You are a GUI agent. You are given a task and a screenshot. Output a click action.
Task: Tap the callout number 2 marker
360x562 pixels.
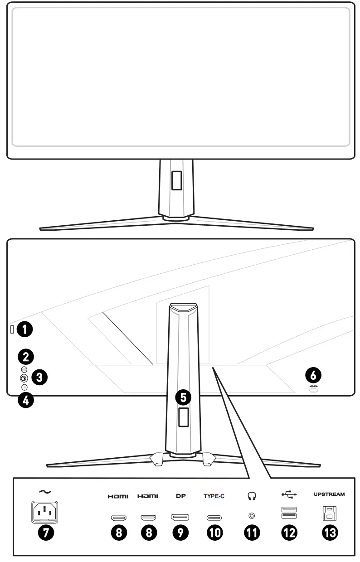point(26,356)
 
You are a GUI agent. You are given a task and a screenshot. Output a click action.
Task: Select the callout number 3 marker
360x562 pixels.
point(41,377)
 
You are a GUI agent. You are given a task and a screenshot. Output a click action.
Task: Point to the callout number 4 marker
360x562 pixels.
point(26,400)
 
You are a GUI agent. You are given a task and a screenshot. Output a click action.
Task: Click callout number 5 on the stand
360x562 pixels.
point(183,397)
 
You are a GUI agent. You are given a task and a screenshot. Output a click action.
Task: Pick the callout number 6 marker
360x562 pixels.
point(313,374)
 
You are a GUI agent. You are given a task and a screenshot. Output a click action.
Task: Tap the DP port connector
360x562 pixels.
point(180,517)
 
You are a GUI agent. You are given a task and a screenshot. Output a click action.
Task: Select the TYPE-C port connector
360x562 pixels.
point(214,517)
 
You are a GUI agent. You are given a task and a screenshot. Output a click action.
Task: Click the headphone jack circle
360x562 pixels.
point(251,516)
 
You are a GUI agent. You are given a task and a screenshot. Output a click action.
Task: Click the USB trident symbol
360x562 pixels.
point(289,495)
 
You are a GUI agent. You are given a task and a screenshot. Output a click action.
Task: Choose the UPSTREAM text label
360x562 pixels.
point(329,494)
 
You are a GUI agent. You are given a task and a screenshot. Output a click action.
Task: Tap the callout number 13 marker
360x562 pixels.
point(330,533)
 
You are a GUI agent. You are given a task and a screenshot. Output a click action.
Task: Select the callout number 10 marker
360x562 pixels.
point(214,533)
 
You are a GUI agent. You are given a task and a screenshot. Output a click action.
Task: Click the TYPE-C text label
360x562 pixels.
point(214,496)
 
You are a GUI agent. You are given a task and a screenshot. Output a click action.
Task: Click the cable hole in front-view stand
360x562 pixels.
point(177,179)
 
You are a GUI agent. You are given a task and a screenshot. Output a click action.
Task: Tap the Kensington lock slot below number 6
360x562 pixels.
point(313,390)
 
